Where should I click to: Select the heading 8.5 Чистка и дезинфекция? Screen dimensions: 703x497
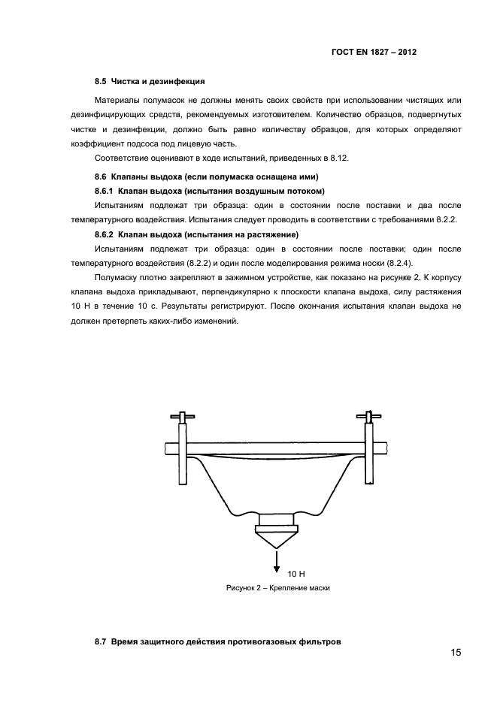point(150,81)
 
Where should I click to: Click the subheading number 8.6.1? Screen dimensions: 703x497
point(105,192)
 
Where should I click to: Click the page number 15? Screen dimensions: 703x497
point(456,652)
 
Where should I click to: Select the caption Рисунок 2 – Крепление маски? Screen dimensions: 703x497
point(278,588)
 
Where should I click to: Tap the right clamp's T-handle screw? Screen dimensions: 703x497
point(369,415)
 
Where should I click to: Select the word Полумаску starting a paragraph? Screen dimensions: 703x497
point(119,278)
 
